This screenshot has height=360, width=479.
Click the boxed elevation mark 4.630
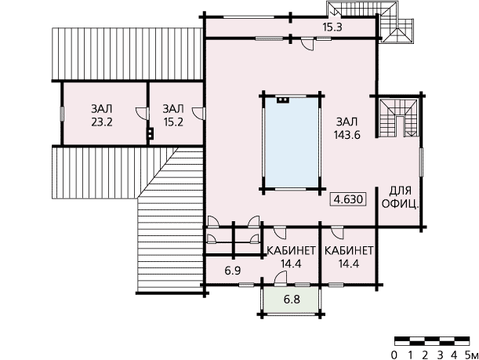tap(348, 199)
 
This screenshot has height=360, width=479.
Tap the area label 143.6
tap(347, 135)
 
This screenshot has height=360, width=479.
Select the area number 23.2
tap(102, 122)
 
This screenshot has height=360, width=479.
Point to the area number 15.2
tap(173, 122)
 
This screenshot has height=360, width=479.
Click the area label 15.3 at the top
tap(332, 27)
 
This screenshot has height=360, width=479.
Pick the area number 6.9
tap(233, 271)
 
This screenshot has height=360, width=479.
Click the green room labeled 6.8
tap(292, 300)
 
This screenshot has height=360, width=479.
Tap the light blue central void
tap(292, 142)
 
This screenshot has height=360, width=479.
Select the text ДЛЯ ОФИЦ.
tap(400, 198)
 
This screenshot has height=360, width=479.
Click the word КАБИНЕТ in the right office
tap(349, 251)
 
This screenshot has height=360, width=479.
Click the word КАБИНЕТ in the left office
tap(291, 251)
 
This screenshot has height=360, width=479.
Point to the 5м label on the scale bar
tap(471, 355)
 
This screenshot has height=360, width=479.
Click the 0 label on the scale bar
tap(394, 355)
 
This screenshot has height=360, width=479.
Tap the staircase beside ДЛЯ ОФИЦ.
tap(398, 118)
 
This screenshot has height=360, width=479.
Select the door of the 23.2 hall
tap(142, 114)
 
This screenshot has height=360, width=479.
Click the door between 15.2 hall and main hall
tap(198, 114)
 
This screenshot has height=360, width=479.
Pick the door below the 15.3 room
tap(307, 44)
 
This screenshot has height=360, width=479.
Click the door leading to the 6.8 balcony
tap(281, 279)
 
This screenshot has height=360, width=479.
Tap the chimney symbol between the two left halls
tap(150, 133)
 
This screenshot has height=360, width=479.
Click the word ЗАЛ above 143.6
tap(347, 122)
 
